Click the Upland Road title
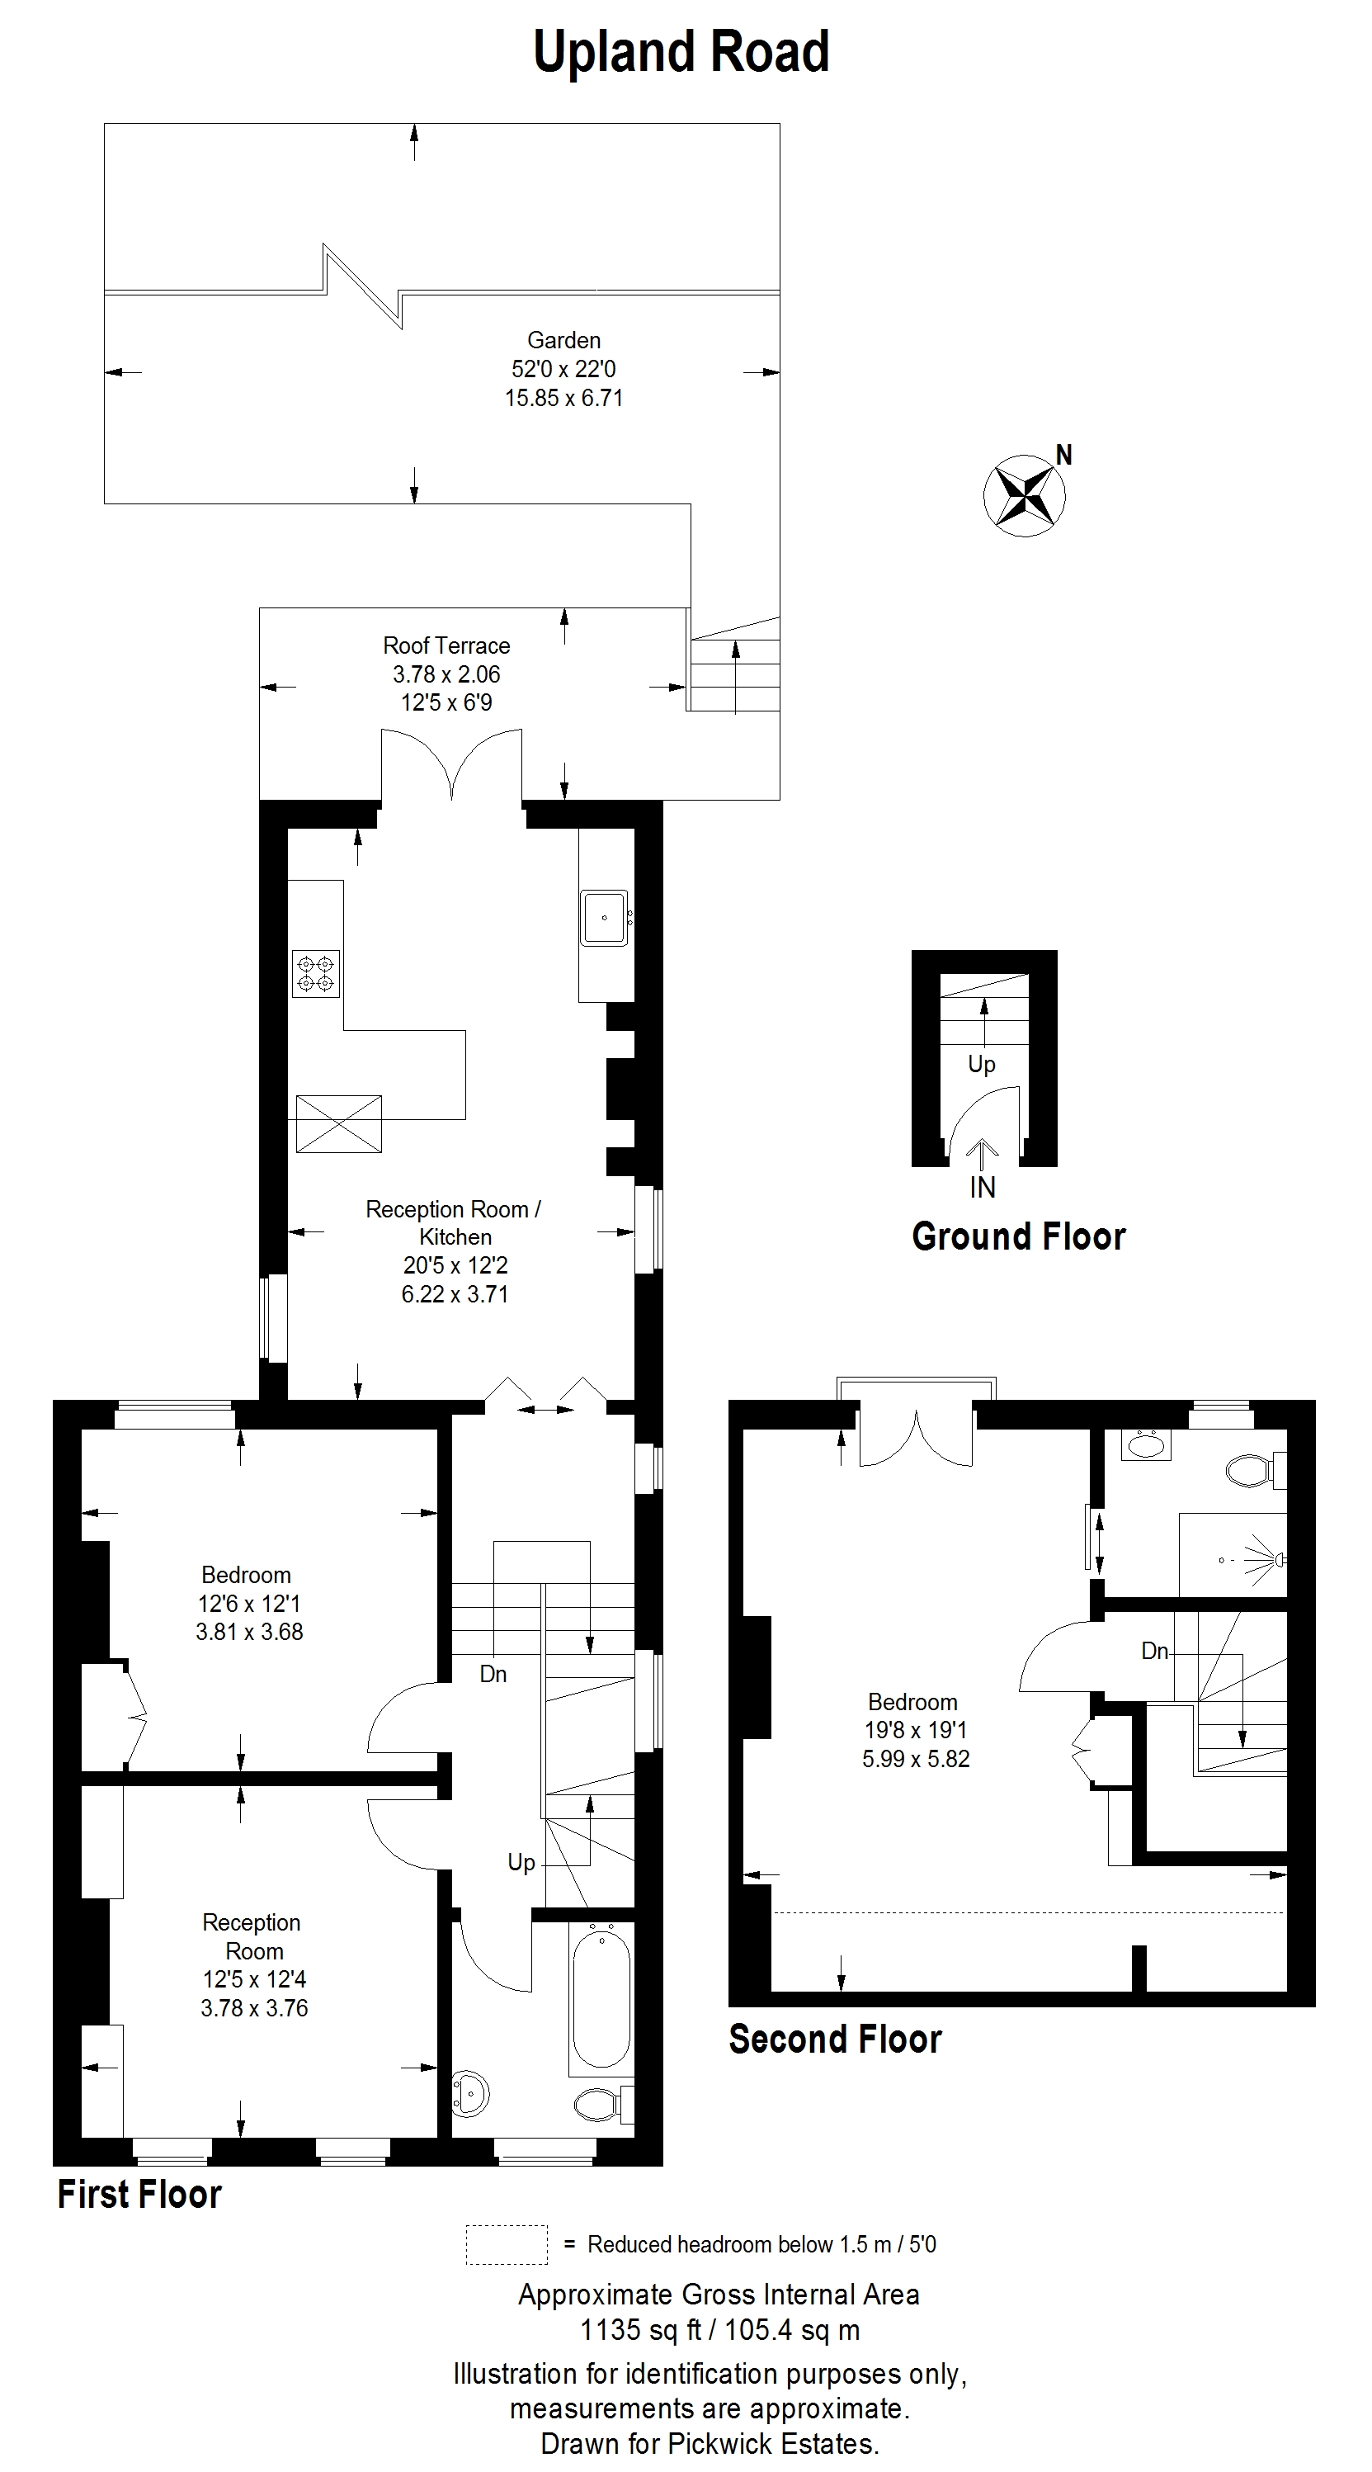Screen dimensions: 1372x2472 point(681,53)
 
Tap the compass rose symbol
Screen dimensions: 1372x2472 point(1025,495)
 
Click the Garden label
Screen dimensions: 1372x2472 point(564,340)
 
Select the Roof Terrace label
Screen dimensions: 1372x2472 point(446,645)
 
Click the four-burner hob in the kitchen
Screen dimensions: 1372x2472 point(316,973)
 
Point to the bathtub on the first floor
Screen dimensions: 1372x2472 point(601,1995)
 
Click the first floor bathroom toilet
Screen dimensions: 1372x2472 point(602,2106)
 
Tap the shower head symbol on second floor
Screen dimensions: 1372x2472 point(1266,1559)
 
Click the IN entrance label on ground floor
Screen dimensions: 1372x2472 point(983,1188)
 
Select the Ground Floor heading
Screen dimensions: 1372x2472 point(1019,1236)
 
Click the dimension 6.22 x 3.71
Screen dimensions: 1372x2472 point(455,1293)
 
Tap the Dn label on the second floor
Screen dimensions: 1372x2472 point(1155,1651)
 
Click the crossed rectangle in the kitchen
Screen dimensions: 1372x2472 point(339,1123)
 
